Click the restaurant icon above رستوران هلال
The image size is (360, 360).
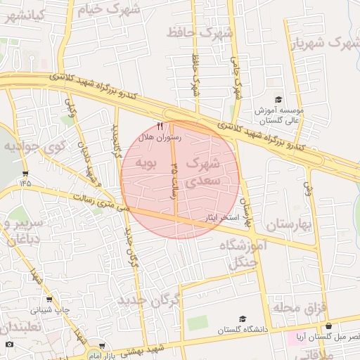point(169,126)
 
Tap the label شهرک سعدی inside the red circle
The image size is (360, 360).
point(204,172)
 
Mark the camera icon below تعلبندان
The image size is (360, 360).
point(8,345)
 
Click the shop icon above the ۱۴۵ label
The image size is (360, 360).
point(26,172)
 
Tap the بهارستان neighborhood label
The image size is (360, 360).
point(288,225)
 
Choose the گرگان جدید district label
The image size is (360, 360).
point(148,302)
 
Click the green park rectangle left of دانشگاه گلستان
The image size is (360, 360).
point(198,323)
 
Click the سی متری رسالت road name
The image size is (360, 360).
point(98,203)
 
